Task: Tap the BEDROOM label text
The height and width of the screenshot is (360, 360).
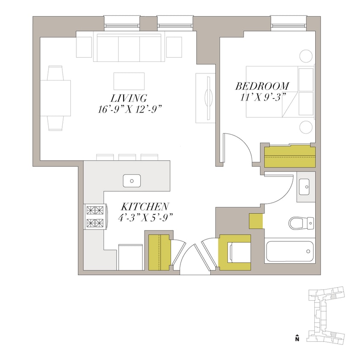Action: (262, 86)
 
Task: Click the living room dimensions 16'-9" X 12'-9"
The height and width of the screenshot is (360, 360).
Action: (131, 109)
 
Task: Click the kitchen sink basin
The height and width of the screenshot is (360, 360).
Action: (132, 181)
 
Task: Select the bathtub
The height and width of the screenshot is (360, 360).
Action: (290, 251)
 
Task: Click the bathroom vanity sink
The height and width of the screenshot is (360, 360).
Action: (306, 186)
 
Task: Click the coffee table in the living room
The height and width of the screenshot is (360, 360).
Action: (129, 81)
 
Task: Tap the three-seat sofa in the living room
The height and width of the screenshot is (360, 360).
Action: (129, 49)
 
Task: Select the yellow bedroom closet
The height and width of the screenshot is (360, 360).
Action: (290, 156)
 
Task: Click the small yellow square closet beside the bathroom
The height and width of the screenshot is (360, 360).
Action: (255, 221)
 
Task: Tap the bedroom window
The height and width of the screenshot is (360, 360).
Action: (288, 23)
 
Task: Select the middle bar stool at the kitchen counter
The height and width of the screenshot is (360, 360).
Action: (127, 157)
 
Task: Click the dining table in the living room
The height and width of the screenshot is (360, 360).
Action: (56, 98)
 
